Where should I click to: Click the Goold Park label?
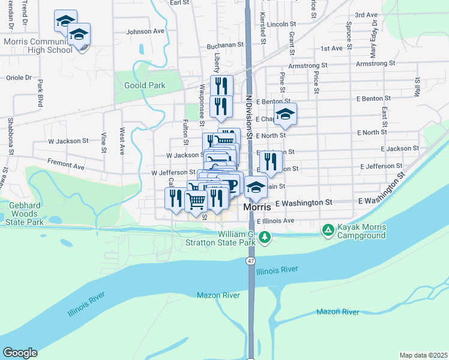pos(145,86)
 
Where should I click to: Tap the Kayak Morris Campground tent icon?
pos(328,229)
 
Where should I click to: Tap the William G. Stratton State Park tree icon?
pos(265,238)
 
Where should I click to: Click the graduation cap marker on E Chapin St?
pos(286,115)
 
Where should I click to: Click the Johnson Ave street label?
pos(145,31)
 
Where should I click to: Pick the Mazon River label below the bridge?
pos(218,295)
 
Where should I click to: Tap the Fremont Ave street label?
pos(67,163)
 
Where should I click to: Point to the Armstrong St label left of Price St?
pos(307,65)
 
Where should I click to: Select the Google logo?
pos(20,353)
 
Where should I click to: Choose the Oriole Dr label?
pos(18,77)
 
